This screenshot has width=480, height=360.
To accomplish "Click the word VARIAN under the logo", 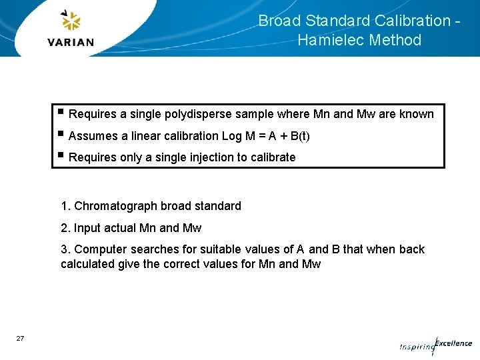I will click(x=71, y=42).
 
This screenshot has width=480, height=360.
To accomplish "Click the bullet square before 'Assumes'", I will click(x=61, y=135).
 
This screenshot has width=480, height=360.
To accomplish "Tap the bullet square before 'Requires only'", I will click(x=61, y=156).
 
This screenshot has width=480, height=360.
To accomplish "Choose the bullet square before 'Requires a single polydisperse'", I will click(x=61, y=113).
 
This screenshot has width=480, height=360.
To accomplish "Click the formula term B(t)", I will click(x=300, y=136).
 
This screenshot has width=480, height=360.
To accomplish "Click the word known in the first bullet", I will click(x=416, y=114).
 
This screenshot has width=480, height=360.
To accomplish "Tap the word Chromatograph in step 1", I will click(x=115, y=206).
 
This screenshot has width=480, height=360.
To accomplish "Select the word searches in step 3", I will click(x=147, y=249).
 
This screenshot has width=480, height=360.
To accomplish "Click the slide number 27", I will click(x=20, y=339).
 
